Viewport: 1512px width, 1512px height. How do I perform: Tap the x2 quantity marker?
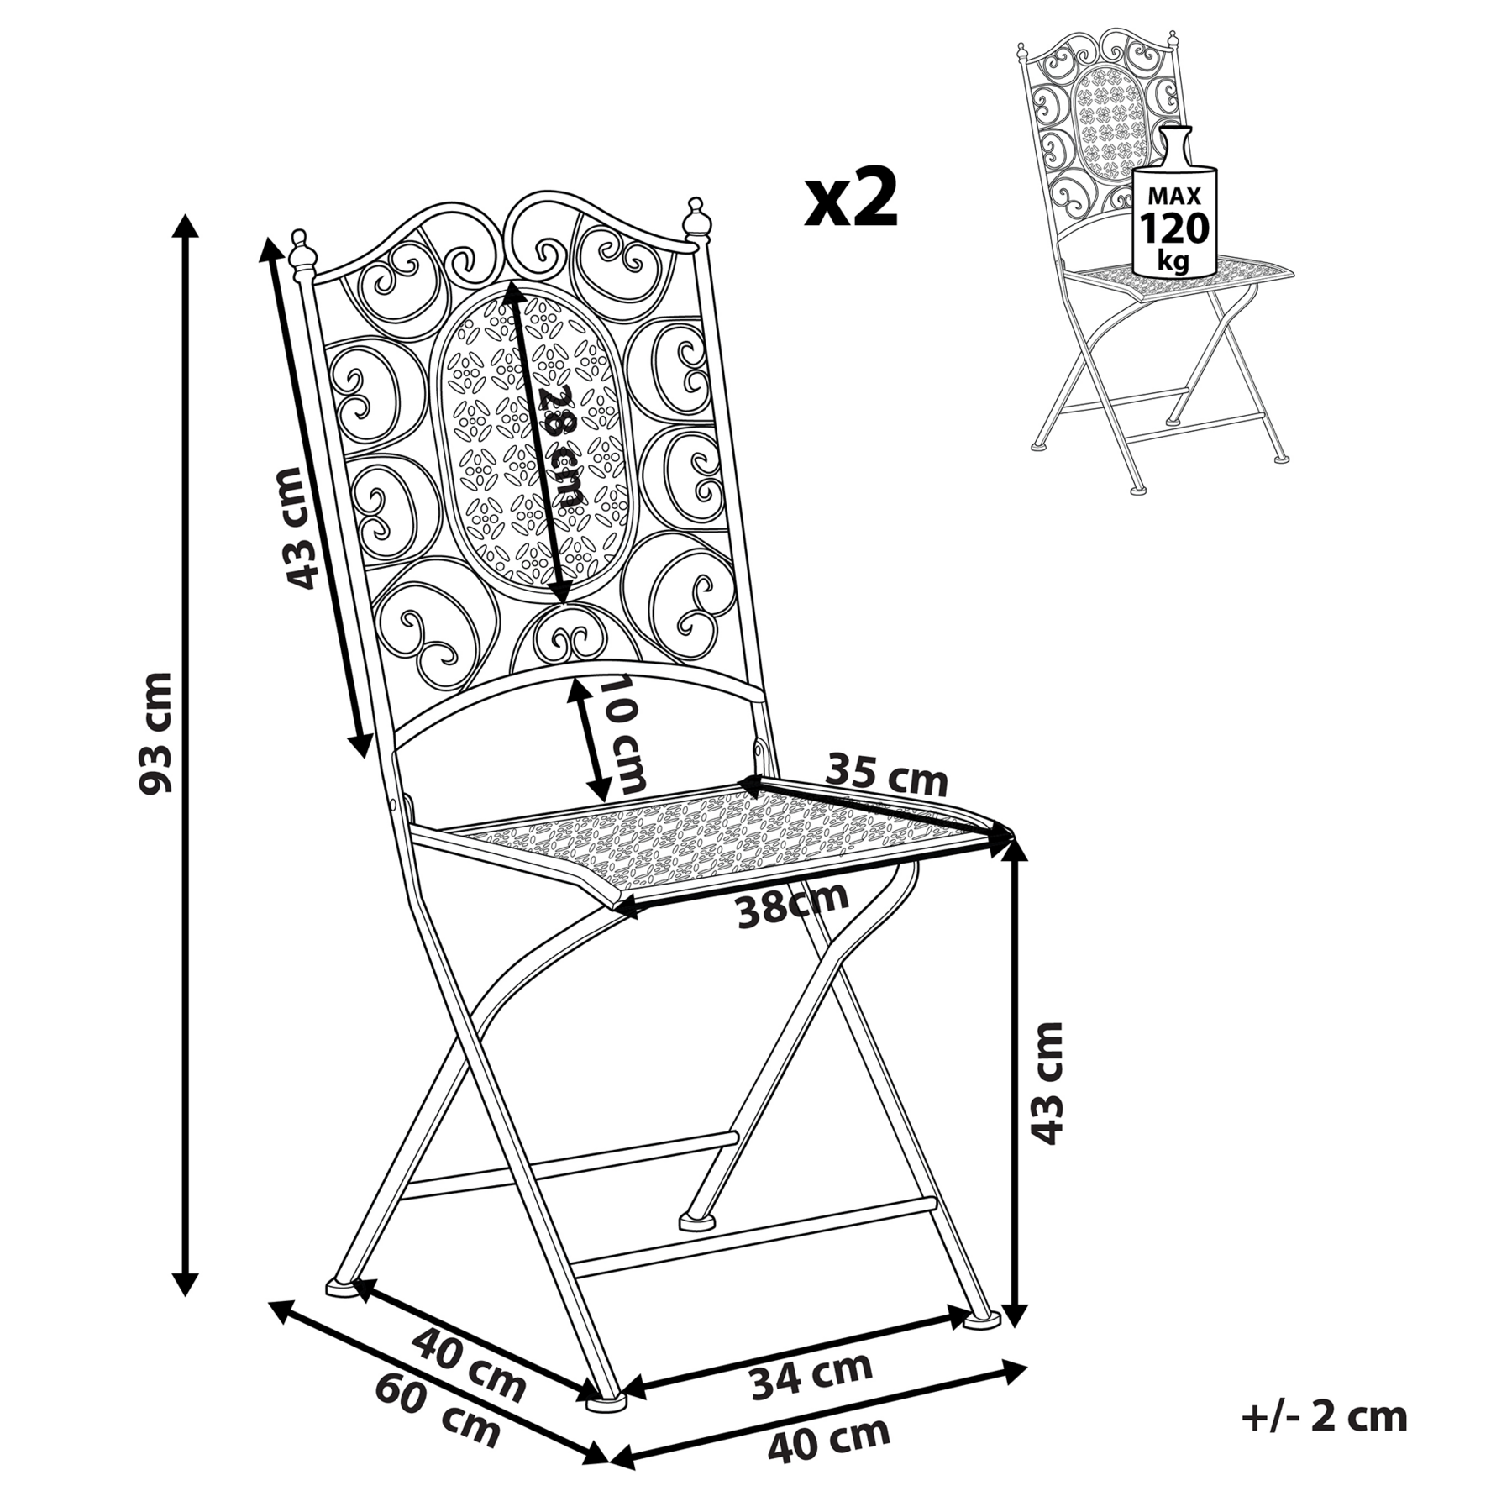click(x=851, y=199)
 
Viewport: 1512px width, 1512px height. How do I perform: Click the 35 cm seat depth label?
click(x=887, y=775)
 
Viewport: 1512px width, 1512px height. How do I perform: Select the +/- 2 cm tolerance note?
click(x=1324, y=1417)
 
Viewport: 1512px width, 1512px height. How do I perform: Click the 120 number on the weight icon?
click(x=1174, y=228)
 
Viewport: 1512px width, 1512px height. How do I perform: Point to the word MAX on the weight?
click(x=1174, y=197)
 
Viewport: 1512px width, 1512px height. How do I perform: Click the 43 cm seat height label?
click(x=1047, y=1084)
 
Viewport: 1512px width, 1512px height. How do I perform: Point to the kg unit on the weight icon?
click(x=1173, y=260)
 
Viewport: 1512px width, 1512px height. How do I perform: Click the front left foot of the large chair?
click(x=605, y=1399)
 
